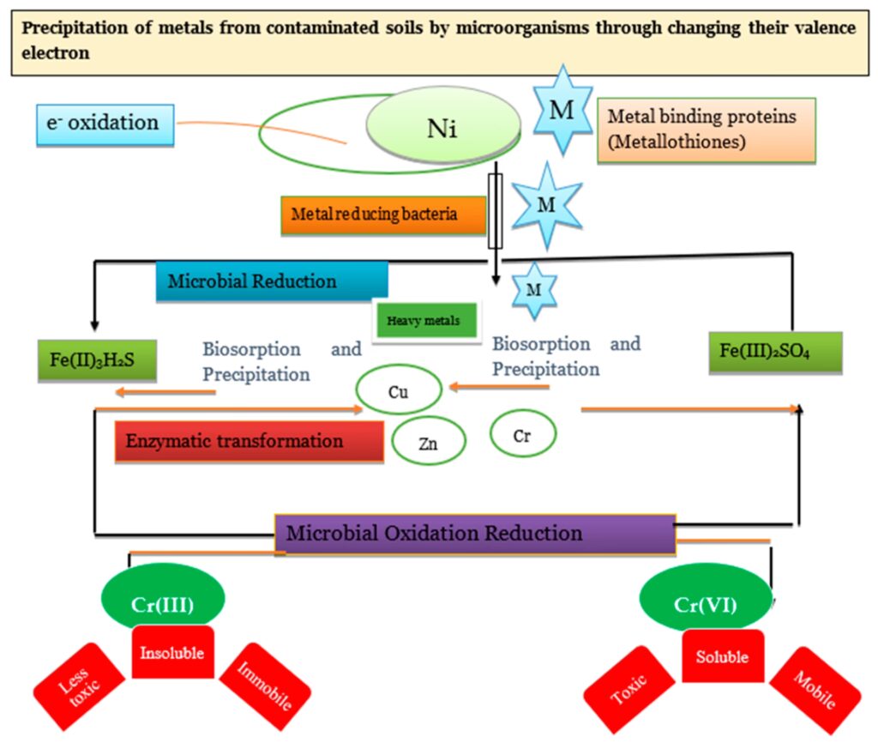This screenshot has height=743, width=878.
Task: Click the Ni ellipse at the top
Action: click(444, 130)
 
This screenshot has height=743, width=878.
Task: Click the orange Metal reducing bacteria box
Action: click(382, 214)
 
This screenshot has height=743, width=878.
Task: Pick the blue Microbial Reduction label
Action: click(272, 282)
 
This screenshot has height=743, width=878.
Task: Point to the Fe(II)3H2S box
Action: click(97, 359)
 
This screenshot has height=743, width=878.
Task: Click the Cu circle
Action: click(399, 392)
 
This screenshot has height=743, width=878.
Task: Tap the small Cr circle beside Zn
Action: click(523, 434)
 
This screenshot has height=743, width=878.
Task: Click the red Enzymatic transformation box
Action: click(249, 441)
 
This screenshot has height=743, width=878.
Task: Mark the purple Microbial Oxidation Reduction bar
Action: click(475, 533)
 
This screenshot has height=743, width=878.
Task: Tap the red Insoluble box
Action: click(171, 653)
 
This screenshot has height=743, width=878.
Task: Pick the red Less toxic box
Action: click(79, 686)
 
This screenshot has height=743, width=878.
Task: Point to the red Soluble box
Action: click(722, 656)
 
